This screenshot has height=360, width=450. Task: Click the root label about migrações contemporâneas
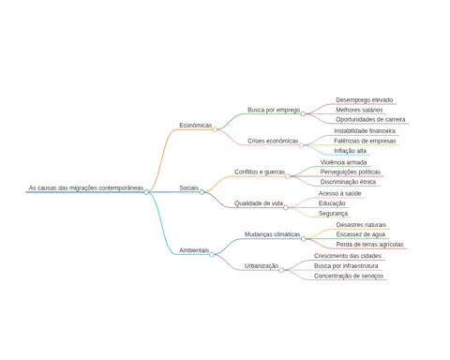pos(86,187)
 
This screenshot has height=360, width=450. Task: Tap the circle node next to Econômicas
pos(215,129)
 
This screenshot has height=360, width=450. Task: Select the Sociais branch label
pos(188,187)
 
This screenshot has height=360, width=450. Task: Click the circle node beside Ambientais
pos(212,254)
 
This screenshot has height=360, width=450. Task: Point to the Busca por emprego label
pos(274,110)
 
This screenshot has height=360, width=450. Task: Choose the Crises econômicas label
pos(273,141)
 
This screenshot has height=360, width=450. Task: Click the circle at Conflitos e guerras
pos(288,176)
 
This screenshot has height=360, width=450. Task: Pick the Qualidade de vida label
pos(259,203)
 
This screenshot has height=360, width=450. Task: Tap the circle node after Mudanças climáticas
pos(303,239)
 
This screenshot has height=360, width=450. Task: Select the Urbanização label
pos(262,266)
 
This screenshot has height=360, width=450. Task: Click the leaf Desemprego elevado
pos(365,100)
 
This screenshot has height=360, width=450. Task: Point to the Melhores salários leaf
pos(359,110)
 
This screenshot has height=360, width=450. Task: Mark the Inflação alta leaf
pos(350,151)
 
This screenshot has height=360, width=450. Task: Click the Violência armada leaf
pos(343,162)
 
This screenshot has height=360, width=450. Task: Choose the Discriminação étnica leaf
pos(348,182)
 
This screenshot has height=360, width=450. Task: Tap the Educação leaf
pos(332,203)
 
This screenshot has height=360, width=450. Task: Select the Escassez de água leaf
pos(361,234)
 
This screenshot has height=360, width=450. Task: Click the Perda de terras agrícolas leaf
pos(370,245)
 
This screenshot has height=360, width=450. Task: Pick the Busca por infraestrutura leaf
pos(346,266)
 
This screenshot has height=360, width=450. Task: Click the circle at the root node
pos(146,192)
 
